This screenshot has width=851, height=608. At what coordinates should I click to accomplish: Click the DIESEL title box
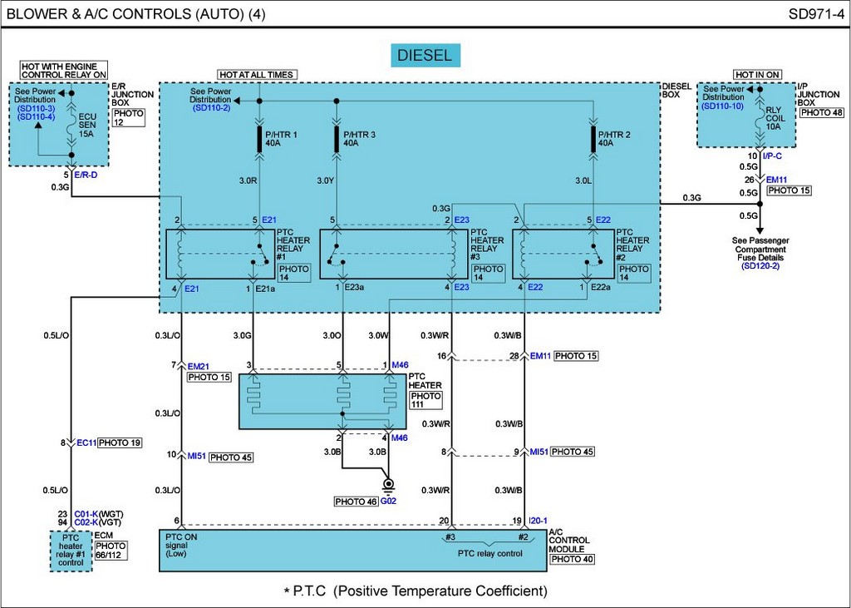424,56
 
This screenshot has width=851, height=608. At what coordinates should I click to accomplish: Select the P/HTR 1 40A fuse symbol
259,139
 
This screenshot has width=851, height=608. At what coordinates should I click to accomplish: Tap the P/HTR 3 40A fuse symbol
337,139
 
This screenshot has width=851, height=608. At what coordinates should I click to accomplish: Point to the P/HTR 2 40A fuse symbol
593,139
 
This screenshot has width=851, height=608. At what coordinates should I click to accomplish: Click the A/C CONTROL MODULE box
352,550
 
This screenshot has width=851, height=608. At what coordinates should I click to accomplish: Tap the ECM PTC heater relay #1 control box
71,550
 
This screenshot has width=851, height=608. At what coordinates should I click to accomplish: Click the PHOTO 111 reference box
426,400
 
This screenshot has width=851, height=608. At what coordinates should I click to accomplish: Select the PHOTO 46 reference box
355,502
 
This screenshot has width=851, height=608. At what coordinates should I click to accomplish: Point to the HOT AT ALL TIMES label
257,75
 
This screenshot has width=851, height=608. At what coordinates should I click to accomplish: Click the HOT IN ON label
757,75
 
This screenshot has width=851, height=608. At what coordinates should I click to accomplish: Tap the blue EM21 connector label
199,365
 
